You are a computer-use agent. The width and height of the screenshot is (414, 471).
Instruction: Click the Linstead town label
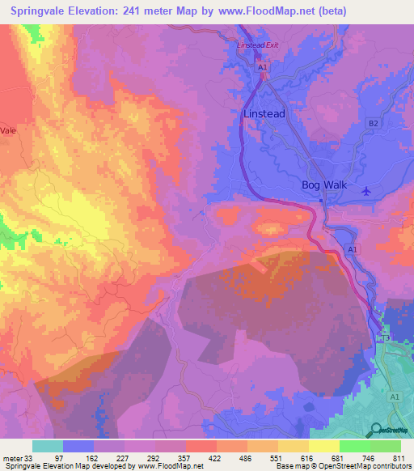264,114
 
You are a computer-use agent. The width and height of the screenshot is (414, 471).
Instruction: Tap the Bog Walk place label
323,185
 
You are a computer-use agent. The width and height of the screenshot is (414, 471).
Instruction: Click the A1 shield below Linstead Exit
263,69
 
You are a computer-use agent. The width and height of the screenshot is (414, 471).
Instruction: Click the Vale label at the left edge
9,129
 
